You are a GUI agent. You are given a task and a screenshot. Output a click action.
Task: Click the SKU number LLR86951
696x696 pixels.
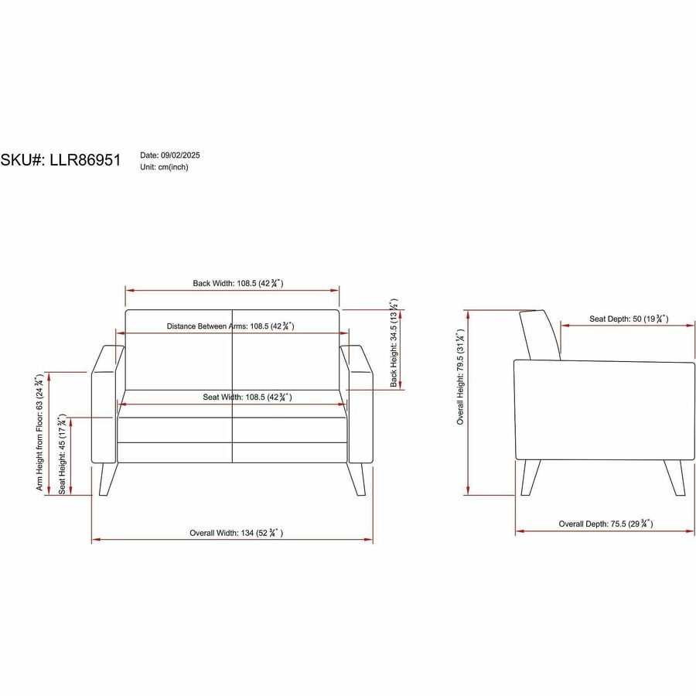(85, 160)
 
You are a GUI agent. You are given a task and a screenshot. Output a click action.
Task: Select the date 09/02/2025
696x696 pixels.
(180, 155)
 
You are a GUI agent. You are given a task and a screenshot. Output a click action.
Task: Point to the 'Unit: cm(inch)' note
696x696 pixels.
(164, 167)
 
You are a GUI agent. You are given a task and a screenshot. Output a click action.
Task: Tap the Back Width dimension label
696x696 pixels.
(238, 283)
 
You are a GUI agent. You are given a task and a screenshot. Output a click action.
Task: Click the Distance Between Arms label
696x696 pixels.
(230, 326)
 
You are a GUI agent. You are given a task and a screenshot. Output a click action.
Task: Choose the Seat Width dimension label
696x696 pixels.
(247, 397)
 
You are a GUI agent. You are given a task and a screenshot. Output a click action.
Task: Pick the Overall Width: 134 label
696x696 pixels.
(236, 533)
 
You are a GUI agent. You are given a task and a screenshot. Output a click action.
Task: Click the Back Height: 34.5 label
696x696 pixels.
(394, 343)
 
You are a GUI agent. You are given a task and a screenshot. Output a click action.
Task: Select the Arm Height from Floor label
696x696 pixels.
(39, 432)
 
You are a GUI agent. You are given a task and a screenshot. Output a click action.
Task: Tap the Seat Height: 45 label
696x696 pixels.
(62, 454)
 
